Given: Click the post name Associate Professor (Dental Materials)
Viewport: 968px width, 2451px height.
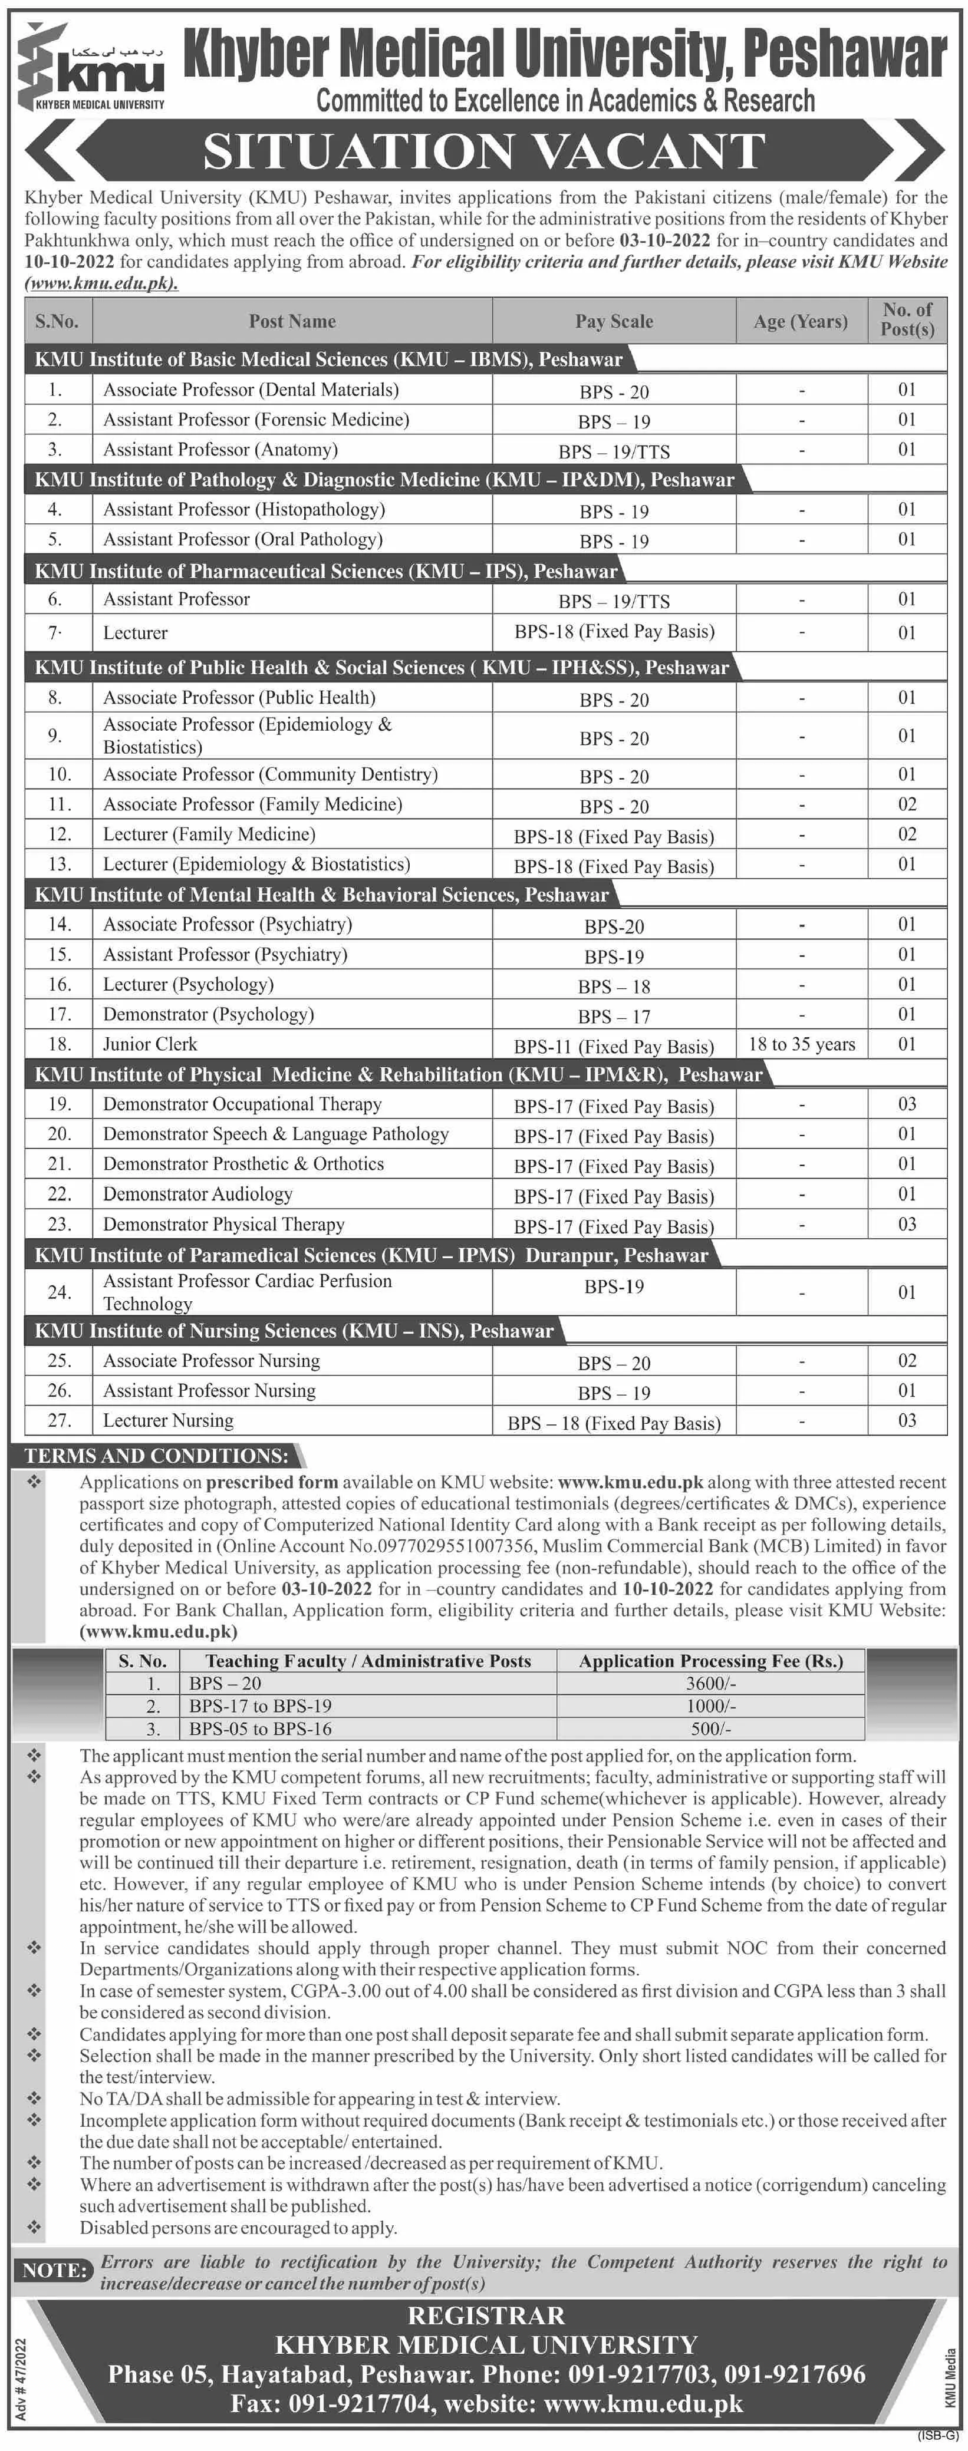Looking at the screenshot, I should [251, 389].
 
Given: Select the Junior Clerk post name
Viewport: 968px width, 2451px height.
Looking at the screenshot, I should [150, 1044].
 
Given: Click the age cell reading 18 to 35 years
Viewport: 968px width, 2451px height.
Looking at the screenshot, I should [801, 1044].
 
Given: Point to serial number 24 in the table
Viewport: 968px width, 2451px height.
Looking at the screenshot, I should [59, 1292].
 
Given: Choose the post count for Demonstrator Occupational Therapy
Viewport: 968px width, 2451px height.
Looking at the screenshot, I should [906, 1104].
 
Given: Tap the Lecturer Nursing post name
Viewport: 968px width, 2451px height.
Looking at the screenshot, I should [169, 1420].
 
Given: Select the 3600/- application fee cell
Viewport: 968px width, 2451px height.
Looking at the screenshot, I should [711, 1682].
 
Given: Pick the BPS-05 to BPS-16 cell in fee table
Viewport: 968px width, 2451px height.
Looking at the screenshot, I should [260, 1728].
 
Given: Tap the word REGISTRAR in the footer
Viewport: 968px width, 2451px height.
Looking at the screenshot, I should [486, 2315].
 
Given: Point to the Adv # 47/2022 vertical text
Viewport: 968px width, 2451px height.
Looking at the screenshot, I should [21, 2370].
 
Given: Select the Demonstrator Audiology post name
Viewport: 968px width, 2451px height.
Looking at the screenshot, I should [198, 1194].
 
